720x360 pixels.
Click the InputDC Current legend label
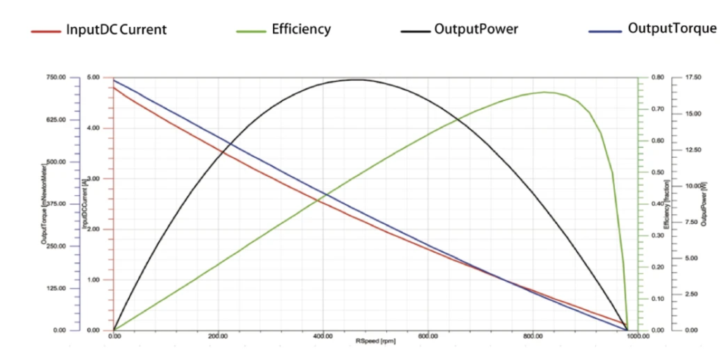(116, 30)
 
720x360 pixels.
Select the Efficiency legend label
(301, 29)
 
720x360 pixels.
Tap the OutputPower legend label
(476, 29)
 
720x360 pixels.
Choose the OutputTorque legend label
(672, 28)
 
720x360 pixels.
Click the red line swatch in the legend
(46, 31)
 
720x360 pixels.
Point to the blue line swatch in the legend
(605, 31)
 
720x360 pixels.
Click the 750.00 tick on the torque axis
(56, 77)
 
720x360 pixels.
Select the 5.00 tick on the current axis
(93, 77)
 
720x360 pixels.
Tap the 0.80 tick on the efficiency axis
(657, 77)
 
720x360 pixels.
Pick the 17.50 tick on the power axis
(693, 77)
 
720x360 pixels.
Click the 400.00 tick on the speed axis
(323, 336)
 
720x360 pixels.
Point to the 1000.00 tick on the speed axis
(638, 336)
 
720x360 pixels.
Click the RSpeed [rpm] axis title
(375, 341)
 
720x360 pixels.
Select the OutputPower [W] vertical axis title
(704, 203)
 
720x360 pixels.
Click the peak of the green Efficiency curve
(544, 92)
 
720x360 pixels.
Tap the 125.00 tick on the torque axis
(56, 288)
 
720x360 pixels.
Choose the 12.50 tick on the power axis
(693, 150)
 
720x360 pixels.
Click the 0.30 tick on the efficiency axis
(657, 236)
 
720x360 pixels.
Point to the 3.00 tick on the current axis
(93, 179)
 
